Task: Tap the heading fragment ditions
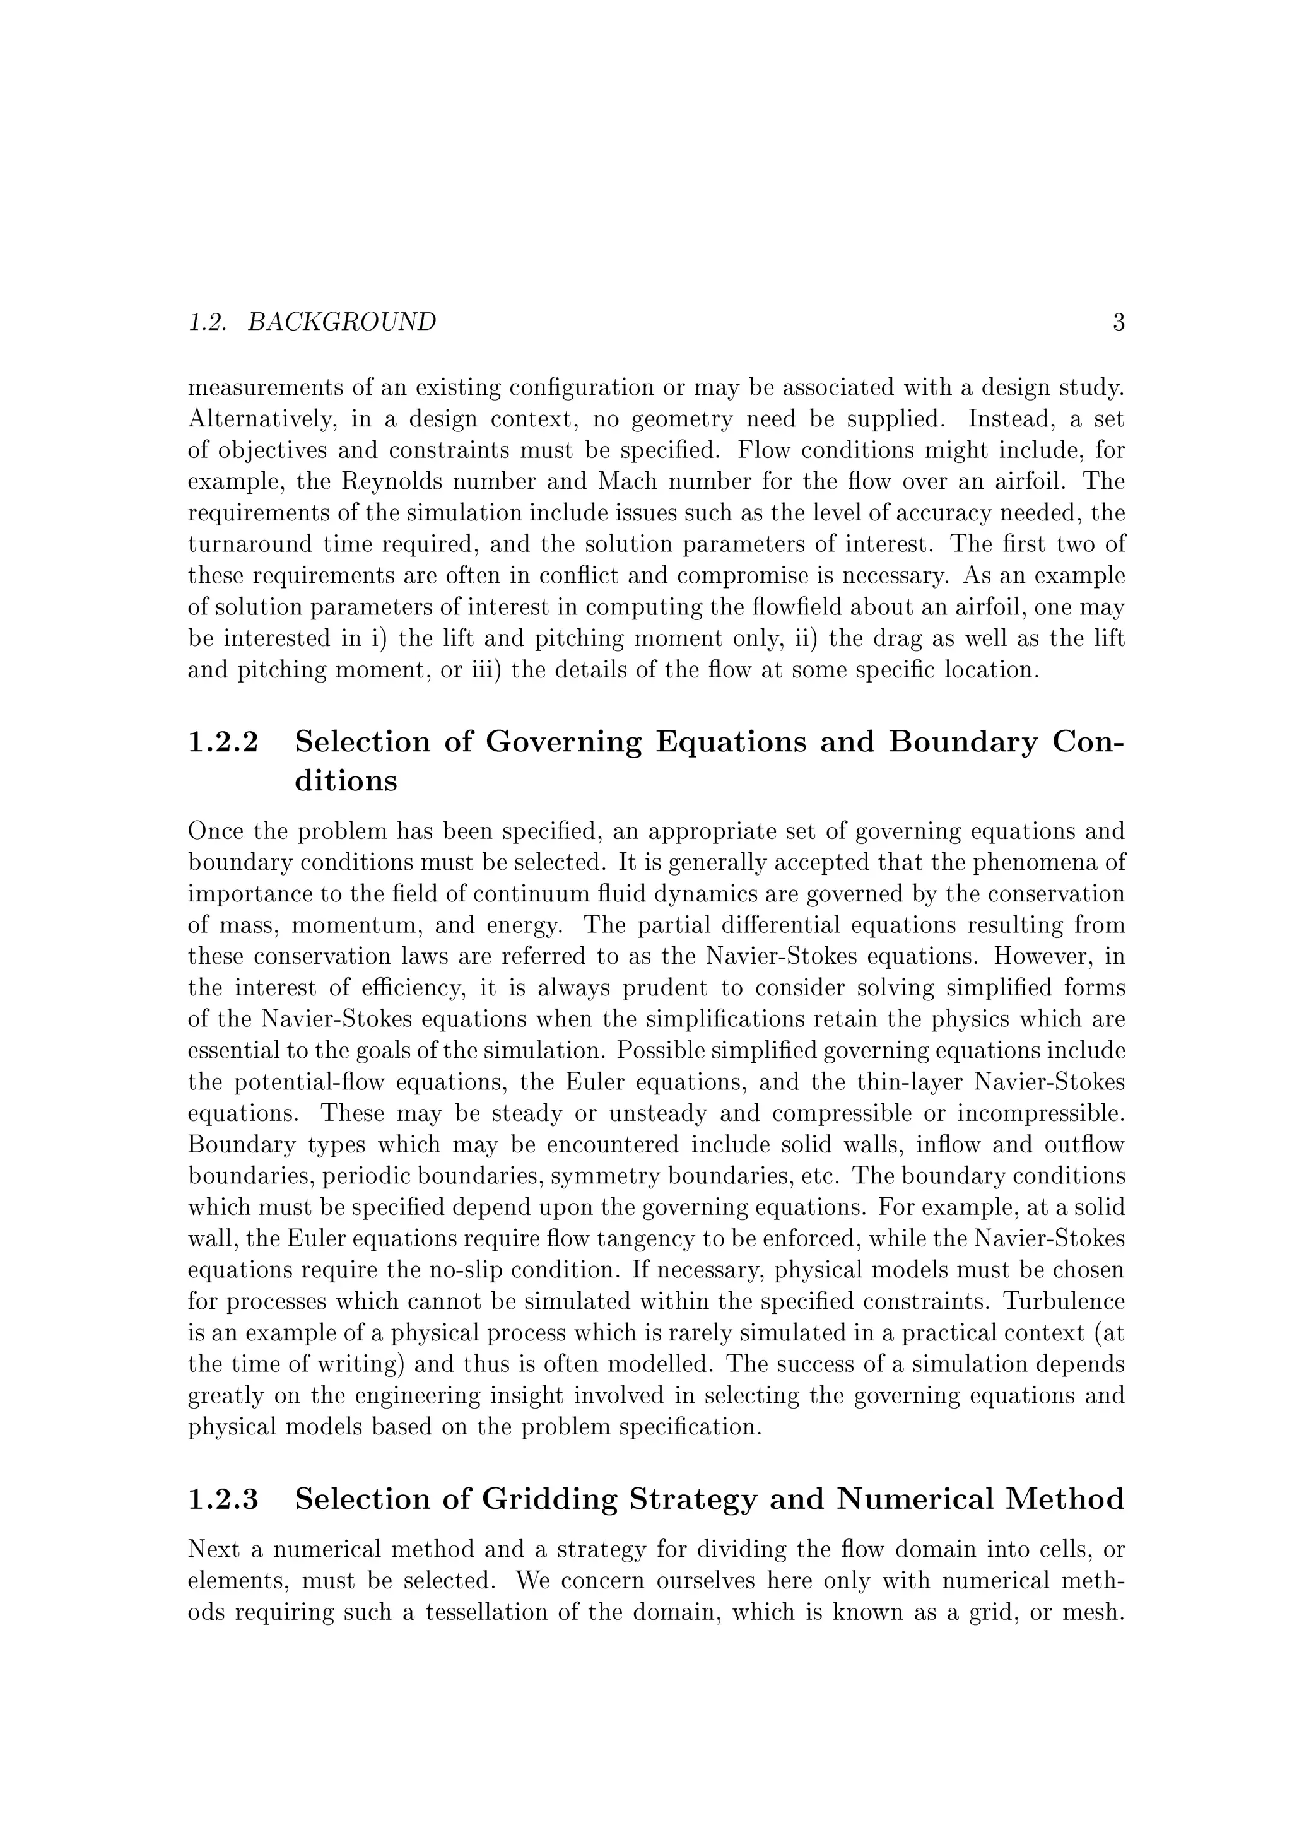pos(346,781)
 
